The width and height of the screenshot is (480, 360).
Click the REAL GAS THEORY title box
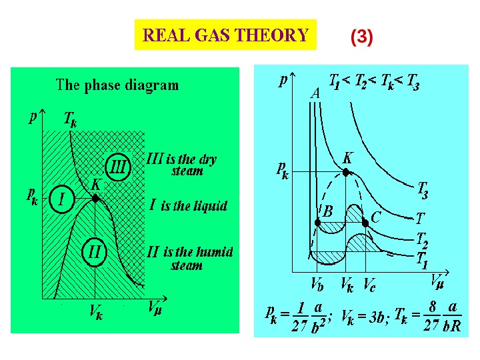coord(225,35)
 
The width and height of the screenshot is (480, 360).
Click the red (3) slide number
coord(361,37)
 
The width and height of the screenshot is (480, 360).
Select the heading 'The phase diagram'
coord(117,85)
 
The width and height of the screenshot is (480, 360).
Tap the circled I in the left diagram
coord(61,199)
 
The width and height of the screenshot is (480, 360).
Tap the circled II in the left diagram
coord(94,252)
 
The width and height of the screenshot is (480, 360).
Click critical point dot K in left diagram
coord(95,198)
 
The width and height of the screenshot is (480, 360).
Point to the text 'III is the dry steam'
coord(182,165)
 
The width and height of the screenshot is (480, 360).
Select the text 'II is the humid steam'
coord(190,258)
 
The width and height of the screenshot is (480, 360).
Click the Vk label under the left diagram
coord(96,314)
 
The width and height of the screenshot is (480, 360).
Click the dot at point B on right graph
coord(318,223)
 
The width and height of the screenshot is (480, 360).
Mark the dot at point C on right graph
coord(365,223)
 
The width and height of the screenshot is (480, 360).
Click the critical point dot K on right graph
coord(345,172)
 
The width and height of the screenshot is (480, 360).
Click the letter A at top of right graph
coord(315,94)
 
